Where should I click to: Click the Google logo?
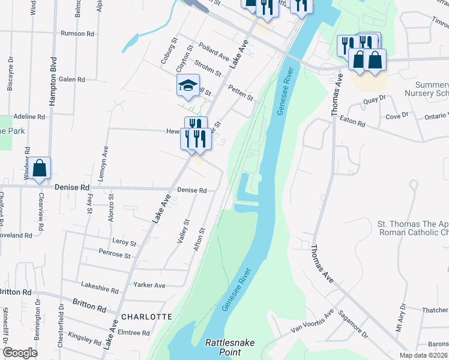[x=20, y=353]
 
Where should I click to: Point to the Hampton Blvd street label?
[x=53, y=82]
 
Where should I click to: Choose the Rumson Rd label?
[x=77, y=34]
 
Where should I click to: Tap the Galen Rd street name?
[x=72, y=79]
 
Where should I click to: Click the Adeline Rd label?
[x=29, y=116]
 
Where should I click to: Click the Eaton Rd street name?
[x=352, y=122]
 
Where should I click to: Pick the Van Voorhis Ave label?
[x=312, y=323]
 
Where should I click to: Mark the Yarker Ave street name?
[x=150, y=286]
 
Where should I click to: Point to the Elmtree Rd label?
[x=134, y=332]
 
